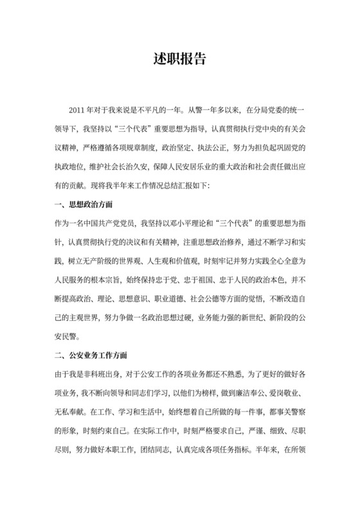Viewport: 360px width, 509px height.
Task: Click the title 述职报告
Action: click(180, 58)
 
